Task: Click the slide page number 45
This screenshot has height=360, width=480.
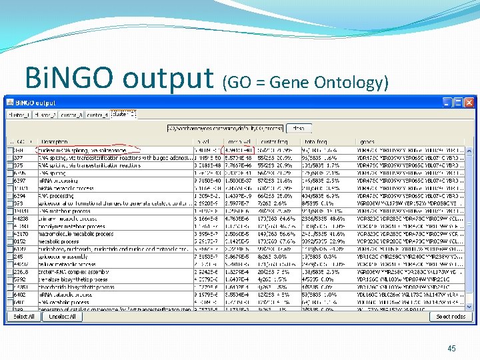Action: pyautogui.click(x=451, y=348)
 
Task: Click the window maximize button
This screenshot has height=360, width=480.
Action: pyautogui.click(x=457, y=103)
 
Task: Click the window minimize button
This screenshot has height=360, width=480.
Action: pyautogui.click(x=447, y=103)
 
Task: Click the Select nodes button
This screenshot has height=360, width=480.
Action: pyautogui.click(x=451, y=317)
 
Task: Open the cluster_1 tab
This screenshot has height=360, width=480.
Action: pyautogui.click(x=20, y=115)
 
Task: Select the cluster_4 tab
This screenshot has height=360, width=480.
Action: pyautogui.click(x=97, y=115)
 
